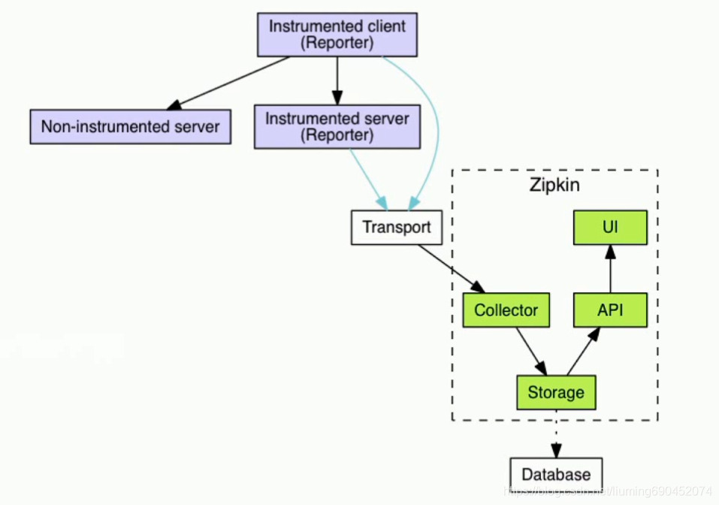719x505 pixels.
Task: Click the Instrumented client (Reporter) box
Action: point(337,35)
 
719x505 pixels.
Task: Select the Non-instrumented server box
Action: point(130,126)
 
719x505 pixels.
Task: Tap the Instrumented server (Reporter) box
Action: point(337,127)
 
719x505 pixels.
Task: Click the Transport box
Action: point(396,228)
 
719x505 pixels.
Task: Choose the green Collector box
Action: point(506,310)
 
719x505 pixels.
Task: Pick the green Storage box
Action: point(556,392)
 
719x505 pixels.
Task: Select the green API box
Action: point(609,310)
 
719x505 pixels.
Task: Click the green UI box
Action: point(609,227)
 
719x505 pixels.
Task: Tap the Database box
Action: point(556,474)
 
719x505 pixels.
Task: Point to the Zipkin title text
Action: point(554,185)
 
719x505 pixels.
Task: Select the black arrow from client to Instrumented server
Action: point(337,80)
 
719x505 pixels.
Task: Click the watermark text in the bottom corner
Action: point(609,491)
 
